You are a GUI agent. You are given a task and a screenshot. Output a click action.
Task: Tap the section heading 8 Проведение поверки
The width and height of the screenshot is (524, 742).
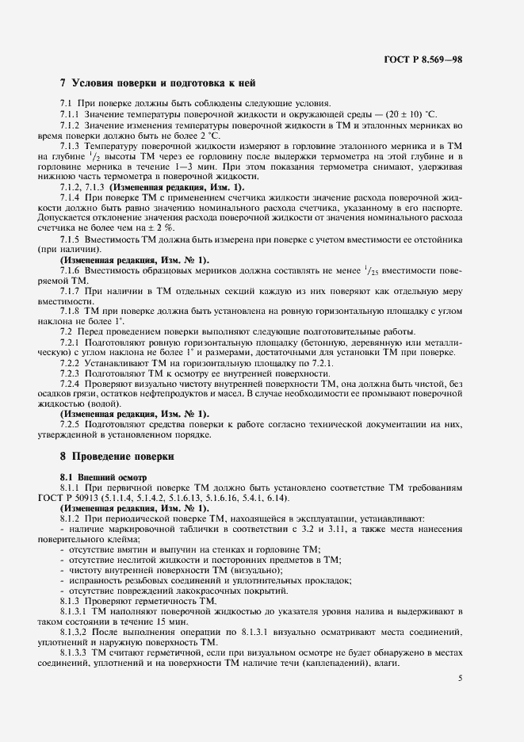coord(117,457)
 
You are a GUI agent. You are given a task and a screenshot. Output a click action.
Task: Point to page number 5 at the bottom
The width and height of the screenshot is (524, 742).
coord(461,679)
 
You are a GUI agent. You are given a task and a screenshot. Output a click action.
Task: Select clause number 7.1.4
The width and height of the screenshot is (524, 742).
coord(72,197)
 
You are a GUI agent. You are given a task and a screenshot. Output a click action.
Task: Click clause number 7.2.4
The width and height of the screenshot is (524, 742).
coord(72,384)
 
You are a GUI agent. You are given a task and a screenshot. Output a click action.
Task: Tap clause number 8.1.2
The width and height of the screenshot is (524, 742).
coord(72,517)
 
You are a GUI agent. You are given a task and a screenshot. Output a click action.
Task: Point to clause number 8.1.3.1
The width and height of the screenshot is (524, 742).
coord(75,611)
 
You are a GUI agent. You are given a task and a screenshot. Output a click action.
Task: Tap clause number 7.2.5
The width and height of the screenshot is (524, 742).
coord(72,424)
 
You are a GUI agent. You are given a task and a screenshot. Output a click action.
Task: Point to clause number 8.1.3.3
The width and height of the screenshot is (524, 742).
coord(75,651)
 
